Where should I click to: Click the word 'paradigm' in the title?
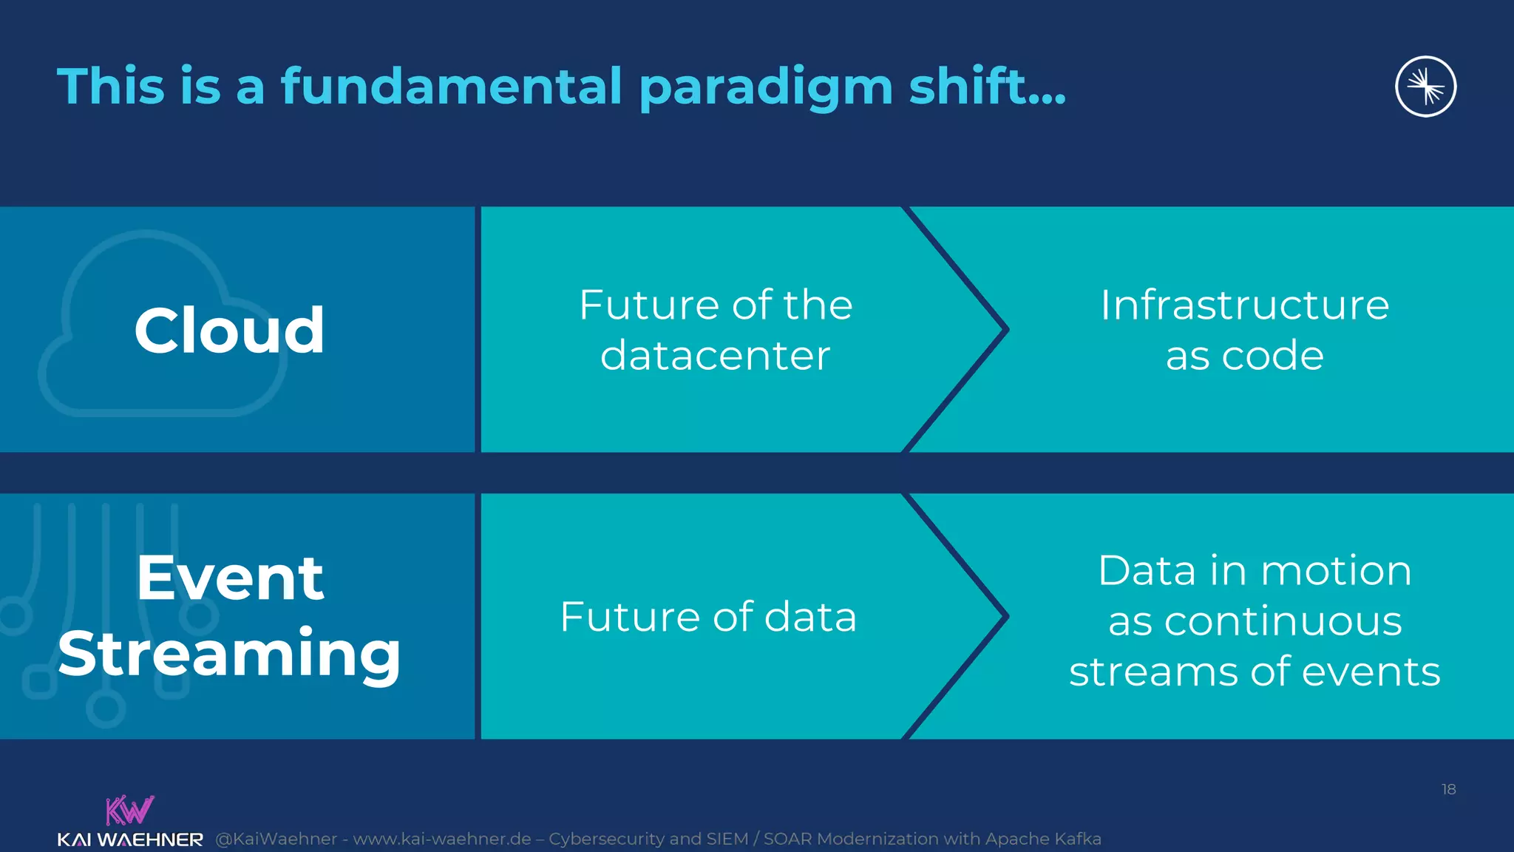[766, 87]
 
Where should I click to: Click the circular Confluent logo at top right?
[1425, 87]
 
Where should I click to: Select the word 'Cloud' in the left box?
[229, 330]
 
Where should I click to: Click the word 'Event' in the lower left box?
[229, 578]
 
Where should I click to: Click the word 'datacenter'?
[715, 356]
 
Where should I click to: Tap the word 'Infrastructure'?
[1244, 305]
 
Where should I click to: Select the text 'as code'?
[1244, 356]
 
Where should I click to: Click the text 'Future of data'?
[708, 616]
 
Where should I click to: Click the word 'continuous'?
[1283, 621]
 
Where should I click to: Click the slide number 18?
[1448, 789]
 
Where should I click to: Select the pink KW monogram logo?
[129, 810]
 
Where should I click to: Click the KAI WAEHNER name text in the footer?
[130, 839]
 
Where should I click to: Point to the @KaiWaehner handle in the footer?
[276, 839]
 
